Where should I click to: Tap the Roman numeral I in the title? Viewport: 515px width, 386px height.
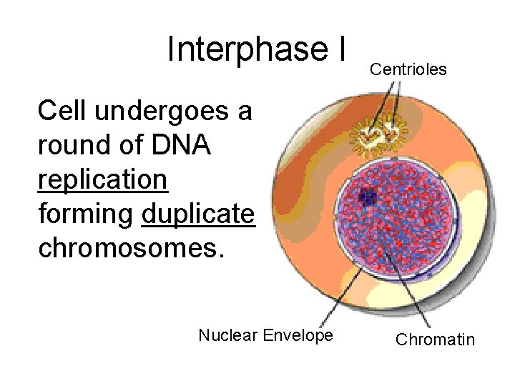click(340, 49)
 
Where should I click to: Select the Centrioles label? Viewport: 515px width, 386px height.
click(408, 69)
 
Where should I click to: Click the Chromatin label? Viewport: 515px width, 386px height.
click(435, 340)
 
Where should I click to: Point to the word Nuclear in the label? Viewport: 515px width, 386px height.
click(228, 335)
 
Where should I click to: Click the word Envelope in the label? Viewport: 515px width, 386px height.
click(298, 335)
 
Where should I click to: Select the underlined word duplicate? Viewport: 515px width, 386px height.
click(198, 214)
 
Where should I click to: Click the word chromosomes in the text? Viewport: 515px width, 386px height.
click(131, 247)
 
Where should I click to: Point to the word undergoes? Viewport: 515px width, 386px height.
click(174, 112)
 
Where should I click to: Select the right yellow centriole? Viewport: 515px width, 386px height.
click(392, 131)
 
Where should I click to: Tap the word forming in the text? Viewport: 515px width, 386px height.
click(87, 214)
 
